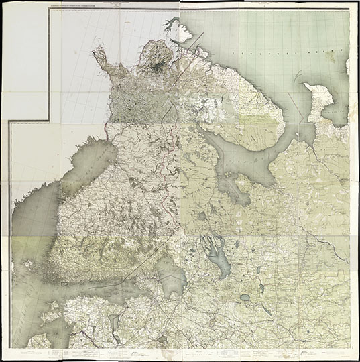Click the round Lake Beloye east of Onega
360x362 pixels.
tap(245, 297)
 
